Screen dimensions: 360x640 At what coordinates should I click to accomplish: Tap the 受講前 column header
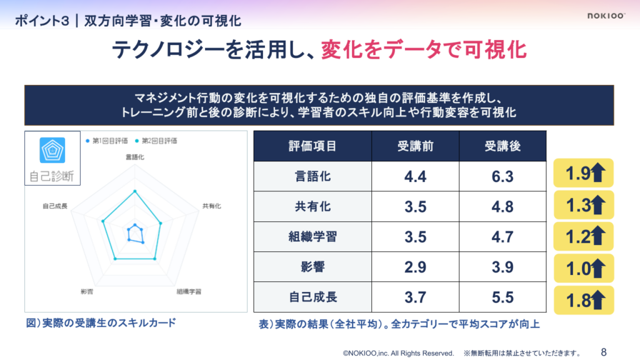(x=415, y=146)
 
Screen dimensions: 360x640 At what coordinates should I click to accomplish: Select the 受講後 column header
(x=502, y=146)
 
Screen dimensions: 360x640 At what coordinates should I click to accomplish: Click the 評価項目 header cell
(x=312, y=146)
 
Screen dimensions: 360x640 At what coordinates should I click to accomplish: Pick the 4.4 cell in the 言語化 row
(x=415, y=177)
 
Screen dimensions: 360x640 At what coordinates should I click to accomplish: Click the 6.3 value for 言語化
(x=502, y=177)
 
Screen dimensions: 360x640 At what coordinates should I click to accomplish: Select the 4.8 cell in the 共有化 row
(x=502, y=207)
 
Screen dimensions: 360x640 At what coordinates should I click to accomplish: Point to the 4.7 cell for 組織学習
(x=502, y=237)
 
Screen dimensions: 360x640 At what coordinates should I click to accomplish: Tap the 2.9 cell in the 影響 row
(x=415, y=267)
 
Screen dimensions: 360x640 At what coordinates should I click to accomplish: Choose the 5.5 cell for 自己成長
(x=502, y=297)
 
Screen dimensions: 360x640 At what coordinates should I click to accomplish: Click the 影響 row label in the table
(x=312, y=267)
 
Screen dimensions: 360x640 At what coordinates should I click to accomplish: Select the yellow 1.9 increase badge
(x=584, y=174)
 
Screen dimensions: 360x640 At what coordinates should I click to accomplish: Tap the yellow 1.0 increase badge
(x=584, y=269)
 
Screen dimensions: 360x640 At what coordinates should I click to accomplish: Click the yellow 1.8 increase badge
(x=584, y=300)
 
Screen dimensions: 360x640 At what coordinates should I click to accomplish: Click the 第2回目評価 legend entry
(x=156, y=141)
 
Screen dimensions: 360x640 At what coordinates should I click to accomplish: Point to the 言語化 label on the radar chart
(x=135, y=157)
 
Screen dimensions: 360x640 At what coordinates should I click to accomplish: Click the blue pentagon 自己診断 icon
(x=52, y=150)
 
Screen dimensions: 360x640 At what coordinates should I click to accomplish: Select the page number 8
(x=603, y=352)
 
